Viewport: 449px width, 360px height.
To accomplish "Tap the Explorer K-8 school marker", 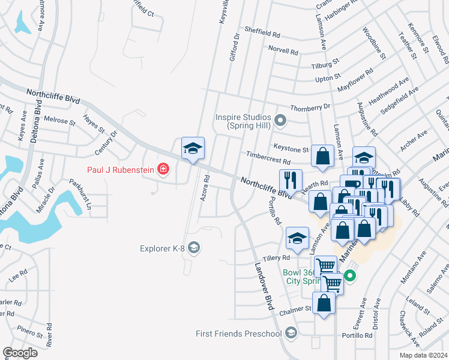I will coord(193,247).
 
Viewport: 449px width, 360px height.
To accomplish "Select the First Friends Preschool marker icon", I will coord(291,333).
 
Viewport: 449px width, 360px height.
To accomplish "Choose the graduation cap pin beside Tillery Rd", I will coord(297,238).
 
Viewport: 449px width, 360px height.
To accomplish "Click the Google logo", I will coord(20,352).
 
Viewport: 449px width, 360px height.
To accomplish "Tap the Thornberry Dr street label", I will coord(310,107).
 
